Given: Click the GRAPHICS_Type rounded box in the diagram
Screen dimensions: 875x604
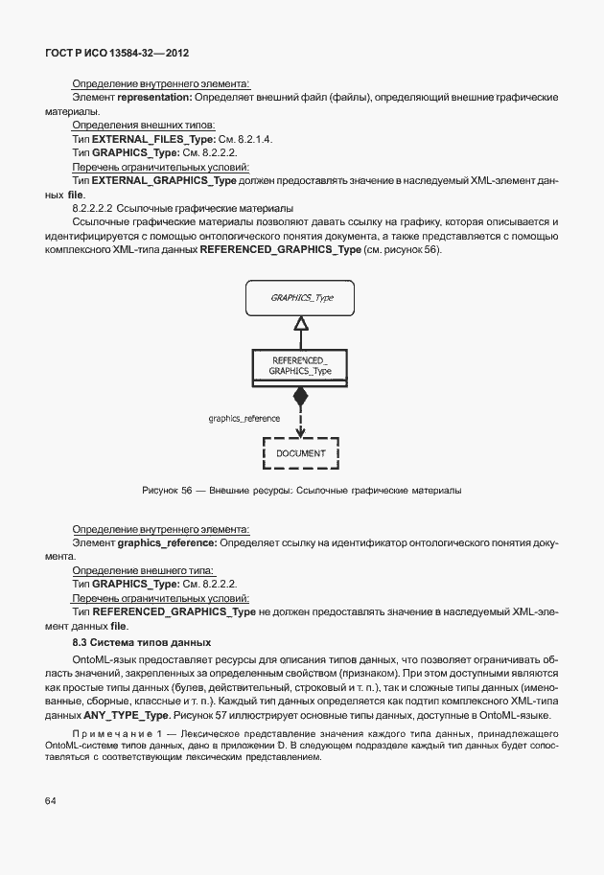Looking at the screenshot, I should click(300, 298).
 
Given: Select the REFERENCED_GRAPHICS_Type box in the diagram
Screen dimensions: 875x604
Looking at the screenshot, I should click(300, 365).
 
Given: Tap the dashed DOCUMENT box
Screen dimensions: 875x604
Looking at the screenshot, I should click(301, 452).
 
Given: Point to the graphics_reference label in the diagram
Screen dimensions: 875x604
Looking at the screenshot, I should click(244, 418).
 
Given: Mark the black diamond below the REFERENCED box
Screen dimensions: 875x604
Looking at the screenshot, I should click(300, 396).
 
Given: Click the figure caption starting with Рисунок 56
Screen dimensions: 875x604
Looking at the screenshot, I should click(301, 491).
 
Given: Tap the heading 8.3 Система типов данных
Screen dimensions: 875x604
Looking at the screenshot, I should click(142, 641).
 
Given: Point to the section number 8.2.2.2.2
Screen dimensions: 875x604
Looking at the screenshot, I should click(93, 208).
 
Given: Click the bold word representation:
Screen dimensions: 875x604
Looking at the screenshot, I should click(154, 98).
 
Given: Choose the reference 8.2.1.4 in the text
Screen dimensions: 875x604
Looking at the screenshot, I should click(253, 139).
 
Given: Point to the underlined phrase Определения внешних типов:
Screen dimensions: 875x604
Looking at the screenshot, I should click(144, 126).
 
